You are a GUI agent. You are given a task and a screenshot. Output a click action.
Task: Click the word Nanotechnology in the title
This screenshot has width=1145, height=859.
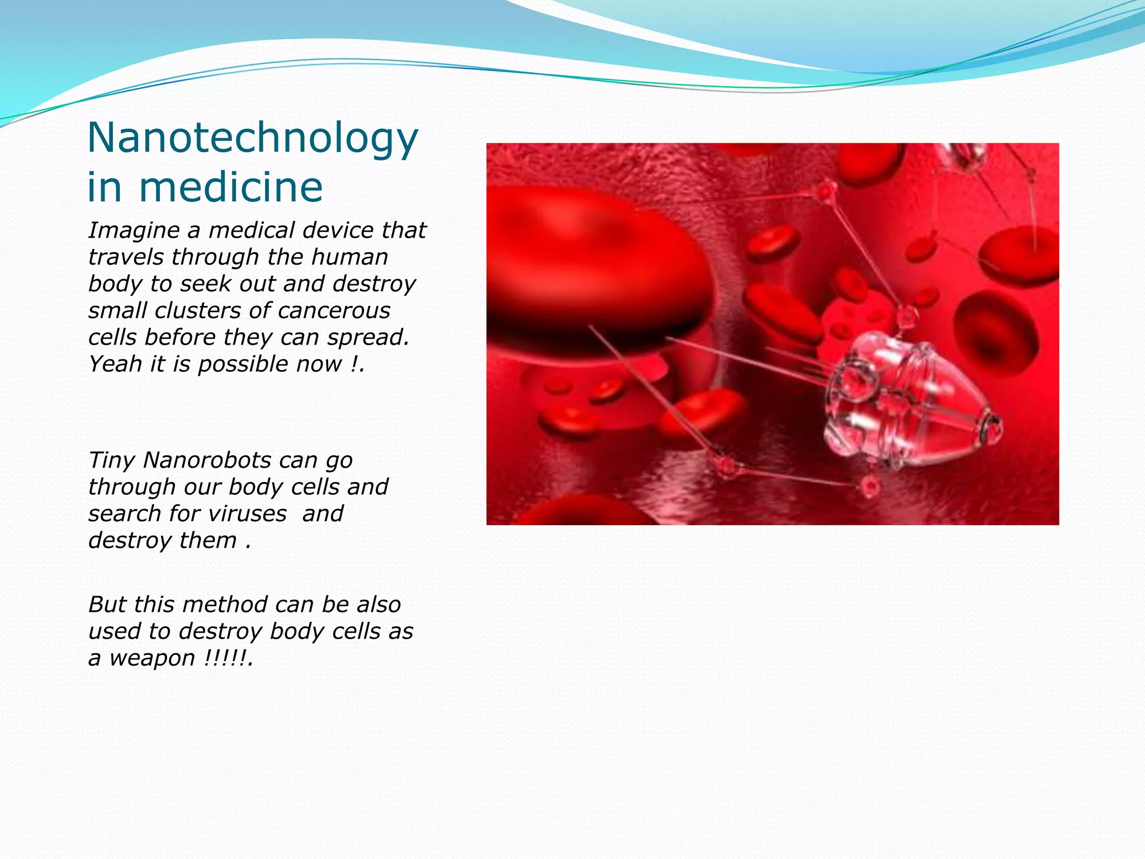(253, 139)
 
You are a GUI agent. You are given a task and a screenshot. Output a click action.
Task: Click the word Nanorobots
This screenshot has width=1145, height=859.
(208, 460)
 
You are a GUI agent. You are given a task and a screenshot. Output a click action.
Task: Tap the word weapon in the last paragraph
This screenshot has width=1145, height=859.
(152, 658)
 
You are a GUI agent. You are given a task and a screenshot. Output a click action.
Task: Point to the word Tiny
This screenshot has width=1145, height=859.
(111, 460)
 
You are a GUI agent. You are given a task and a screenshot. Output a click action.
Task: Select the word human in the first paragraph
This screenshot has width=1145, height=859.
(349, 257)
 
